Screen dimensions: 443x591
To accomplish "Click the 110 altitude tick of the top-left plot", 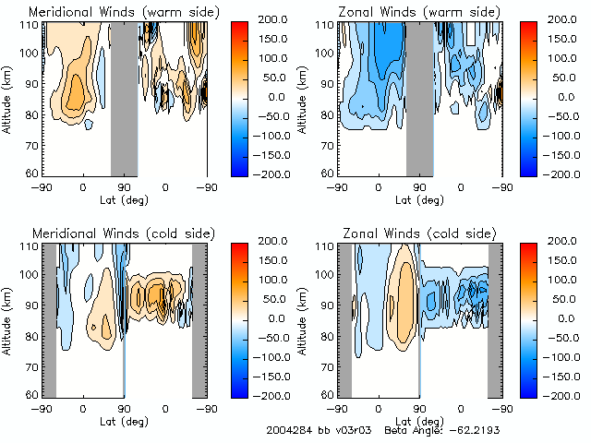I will [x=31, y=24].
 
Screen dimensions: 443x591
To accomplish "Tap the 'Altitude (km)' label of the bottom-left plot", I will [x=11, y=318].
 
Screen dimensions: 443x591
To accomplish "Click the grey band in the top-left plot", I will [x=124, y=97].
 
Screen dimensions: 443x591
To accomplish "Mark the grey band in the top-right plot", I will [x=419, y=97].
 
